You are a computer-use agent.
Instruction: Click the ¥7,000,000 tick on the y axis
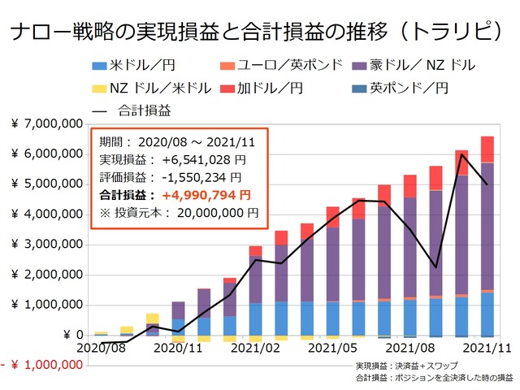click(47, 123)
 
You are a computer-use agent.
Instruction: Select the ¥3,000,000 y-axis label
click(47, 245)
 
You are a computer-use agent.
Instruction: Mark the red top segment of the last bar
click(487, 149)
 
